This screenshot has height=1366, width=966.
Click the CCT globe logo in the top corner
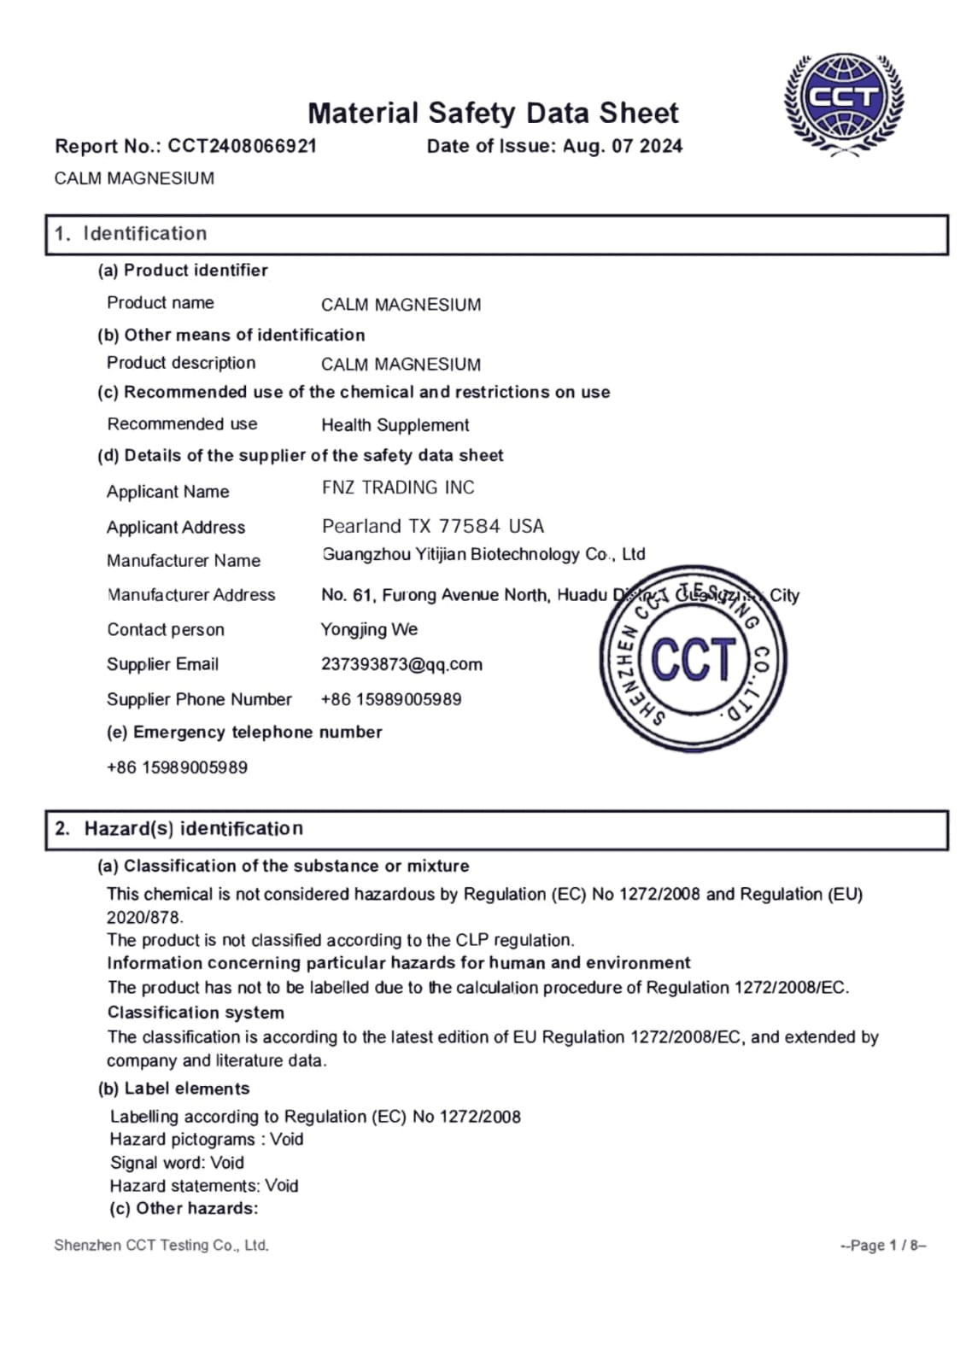pyautogui.click(x=843, y=103)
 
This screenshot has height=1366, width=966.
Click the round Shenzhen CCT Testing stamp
pyautogui.click(x=693, y=659)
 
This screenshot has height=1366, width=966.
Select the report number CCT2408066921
pyautogui.click(x=242, y=146)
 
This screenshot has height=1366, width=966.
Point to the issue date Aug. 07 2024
pyautogui.click(x=622, y=146)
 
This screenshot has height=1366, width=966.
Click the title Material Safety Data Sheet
pyautogui.click(x=493, y=113)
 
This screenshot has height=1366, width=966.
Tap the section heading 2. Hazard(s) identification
pyautogui.click(x=179, y=829)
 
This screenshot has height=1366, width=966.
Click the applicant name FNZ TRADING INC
pyautogui.click(x=398, y=487)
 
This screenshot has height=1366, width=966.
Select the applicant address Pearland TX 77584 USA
pyautogui.click(x=433, y=526)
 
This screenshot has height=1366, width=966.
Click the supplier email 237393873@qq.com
pyautogui.click(x=401, y=664)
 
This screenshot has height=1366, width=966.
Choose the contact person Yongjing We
pyautogui.click(x=369, y=629)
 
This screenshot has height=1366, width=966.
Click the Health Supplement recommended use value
pyautogui.click(x=395, y=425)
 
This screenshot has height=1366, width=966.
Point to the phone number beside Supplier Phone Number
pyautogui.click(x=391, y=699)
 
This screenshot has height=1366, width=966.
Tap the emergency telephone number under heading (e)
pyautogui.click(x=177, y=768)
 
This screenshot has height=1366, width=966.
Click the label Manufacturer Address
pyautogui.click(x=191, y=595)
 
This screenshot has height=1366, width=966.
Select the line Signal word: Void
pyautogui.click(x=177, y=1163)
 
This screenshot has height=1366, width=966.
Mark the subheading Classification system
pyautogui.click(x=196, y=1013)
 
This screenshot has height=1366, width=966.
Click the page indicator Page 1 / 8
pyautogui.click(x=883, y=1246)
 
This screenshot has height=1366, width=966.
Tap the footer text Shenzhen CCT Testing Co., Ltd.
pyautogui.click(x=161, y=1246)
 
